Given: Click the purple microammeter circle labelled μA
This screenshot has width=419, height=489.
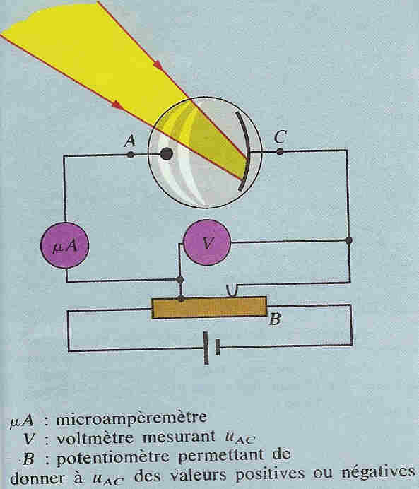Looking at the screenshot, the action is tap(65, 245).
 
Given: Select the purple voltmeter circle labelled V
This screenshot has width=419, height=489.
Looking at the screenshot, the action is tap(207, 242).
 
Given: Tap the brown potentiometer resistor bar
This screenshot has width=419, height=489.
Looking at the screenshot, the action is tap(209, 307).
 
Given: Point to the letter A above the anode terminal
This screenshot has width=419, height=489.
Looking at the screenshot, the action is tap(130, 141).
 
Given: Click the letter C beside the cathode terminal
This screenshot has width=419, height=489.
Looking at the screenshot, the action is tap(281, 137).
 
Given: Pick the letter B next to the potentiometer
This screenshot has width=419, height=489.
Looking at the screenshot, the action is tap(275, 319).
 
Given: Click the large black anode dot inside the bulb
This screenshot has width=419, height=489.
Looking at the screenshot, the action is tap(167, 154).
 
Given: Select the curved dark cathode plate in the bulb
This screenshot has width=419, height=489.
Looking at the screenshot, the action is tap(244, 151).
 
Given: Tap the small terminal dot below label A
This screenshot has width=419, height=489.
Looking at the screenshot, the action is tap(131, 154).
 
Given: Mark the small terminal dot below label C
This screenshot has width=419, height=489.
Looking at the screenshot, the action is tap(280, 152).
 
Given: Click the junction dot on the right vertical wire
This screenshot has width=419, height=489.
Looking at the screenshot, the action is tap(349, 240).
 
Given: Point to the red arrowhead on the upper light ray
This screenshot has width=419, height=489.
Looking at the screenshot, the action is tap(158, 65).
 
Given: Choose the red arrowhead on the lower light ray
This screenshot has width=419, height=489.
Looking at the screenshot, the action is tap(118, 105).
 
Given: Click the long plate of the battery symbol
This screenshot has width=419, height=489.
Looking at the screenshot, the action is tap(206, 348).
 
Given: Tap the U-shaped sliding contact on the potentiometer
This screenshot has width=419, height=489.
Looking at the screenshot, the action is tap(232, 291).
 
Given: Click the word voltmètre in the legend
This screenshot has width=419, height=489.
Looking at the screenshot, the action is tap(95, 438).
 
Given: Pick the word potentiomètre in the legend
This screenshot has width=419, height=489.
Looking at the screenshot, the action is tap(113, 457).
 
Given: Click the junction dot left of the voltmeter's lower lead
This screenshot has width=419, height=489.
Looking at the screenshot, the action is tap(180, 279).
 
